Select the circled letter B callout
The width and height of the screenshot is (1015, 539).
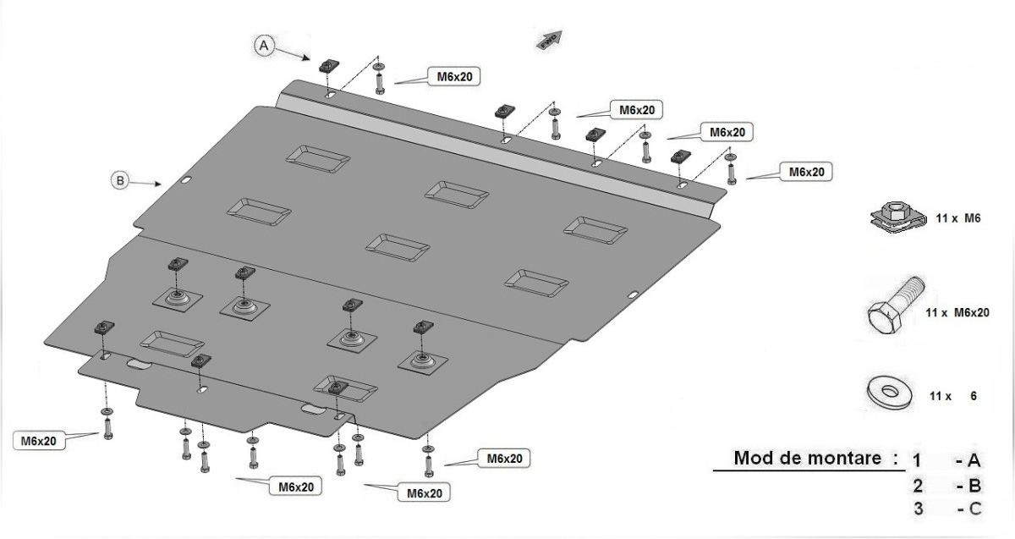point(121,179)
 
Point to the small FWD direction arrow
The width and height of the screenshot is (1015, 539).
point(549,40)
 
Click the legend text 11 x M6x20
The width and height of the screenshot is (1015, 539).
point(957,312)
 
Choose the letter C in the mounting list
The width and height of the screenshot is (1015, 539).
point(974,509)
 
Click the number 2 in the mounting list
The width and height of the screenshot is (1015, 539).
point(918,486)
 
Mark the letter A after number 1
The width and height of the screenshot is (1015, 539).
point(974,461)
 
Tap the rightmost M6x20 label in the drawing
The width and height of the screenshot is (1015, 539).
point(805,172)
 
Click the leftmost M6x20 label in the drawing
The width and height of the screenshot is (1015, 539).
point(39,441)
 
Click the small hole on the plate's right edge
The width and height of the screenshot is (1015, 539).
point(633,294)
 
